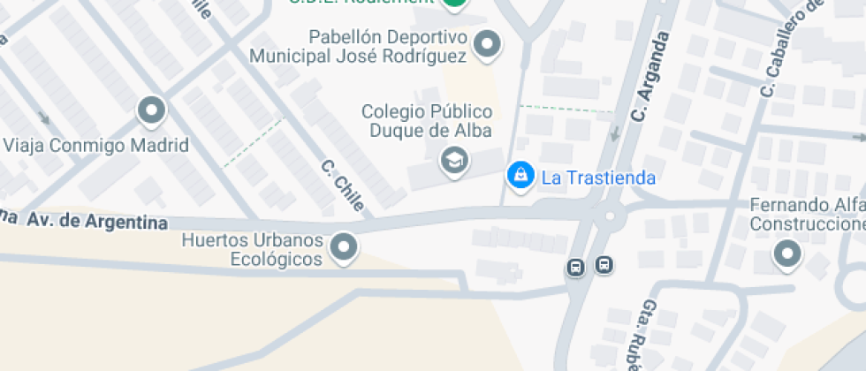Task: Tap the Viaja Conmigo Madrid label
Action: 96,145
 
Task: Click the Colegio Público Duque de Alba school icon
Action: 454,160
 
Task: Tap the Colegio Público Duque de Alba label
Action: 427,122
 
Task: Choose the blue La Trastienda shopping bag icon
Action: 520,175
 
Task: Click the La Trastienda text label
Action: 598,178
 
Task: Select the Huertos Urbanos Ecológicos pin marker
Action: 343,246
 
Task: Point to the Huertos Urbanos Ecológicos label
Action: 252,250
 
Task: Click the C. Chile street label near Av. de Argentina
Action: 343,185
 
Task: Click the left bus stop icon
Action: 576,267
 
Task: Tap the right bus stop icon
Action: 604,264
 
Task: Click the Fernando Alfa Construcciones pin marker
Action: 786,255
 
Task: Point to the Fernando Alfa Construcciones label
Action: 807,215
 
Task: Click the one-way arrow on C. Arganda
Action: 615,133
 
